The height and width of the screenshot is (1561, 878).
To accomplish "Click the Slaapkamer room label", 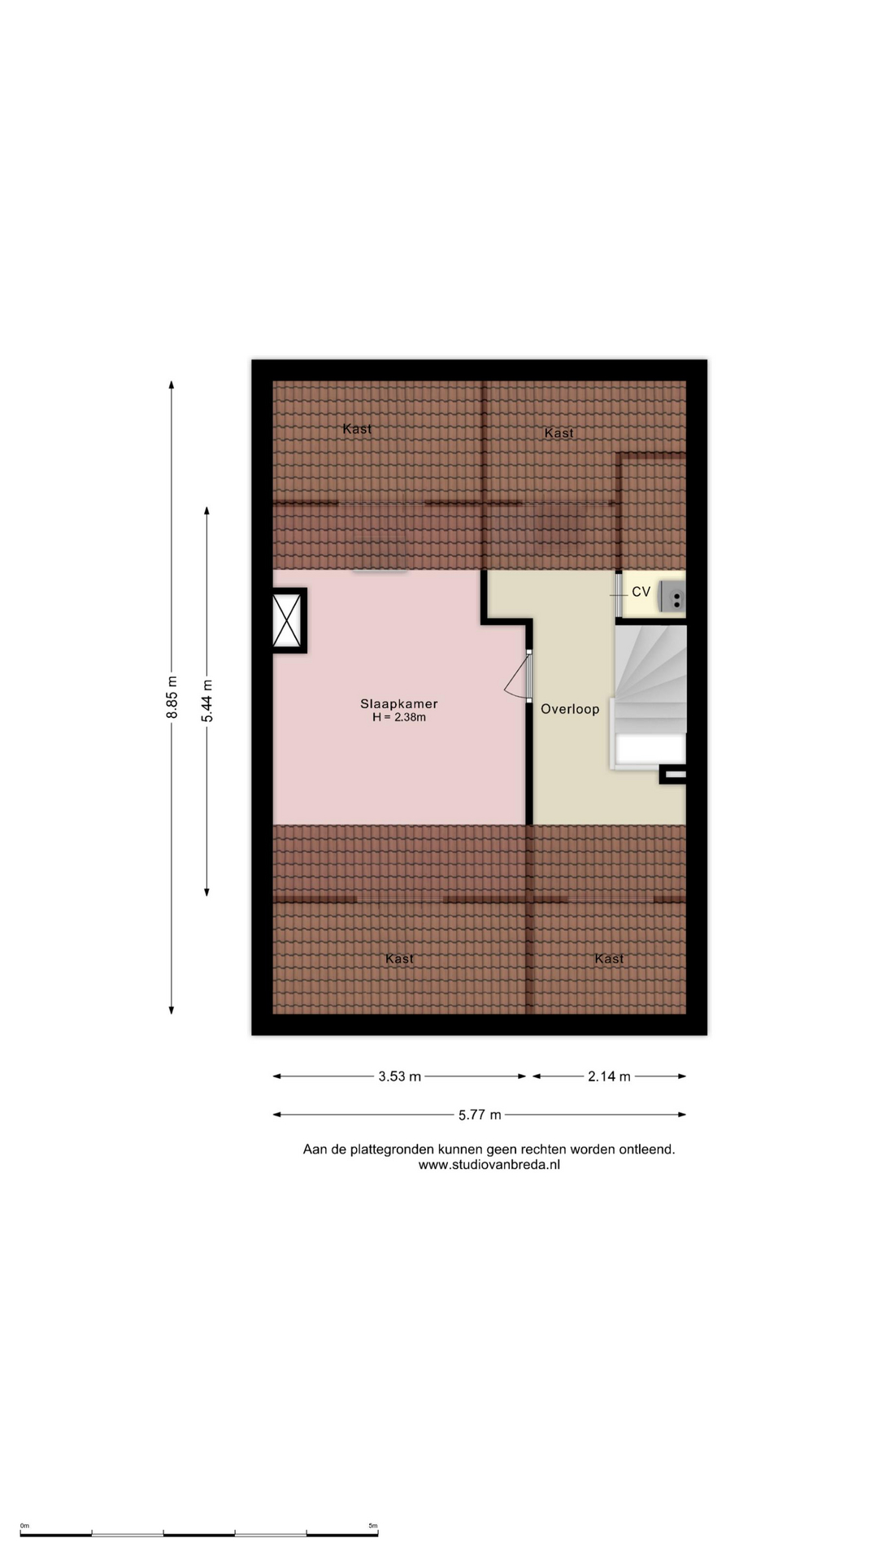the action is pos(399,704).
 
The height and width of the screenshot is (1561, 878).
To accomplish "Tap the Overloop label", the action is pos(570,709).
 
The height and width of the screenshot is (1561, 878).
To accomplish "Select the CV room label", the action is pos(641,592).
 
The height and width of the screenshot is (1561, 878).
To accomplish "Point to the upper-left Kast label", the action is pos(357,428).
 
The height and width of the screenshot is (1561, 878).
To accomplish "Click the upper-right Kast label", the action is pos(559,433).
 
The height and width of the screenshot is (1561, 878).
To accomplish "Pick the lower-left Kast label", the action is pos(399,959).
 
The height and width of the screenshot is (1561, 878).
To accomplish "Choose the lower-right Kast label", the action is pos(609,959).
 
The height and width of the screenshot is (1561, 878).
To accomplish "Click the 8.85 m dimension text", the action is pos(172,698).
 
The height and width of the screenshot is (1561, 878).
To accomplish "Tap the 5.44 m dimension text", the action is pos(207,701).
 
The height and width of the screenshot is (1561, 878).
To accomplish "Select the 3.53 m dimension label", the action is pos(399,1076).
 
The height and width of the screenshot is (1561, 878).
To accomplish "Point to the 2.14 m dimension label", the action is pos(609,1076).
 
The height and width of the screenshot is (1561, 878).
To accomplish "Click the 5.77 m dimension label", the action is pos(480,1115).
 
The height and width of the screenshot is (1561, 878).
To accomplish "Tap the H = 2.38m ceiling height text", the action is pos(399,718).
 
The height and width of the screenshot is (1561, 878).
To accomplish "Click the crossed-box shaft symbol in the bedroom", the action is pos(289,620).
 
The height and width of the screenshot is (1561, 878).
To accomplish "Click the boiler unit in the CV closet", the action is pos(672,597).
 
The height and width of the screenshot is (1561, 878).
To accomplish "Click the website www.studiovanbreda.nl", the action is pos(489,1164).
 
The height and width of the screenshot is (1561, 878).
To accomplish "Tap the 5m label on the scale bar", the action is pos(373,1526).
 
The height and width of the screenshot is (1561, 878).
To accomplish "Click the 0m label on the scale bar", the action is pos(24,1526).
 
